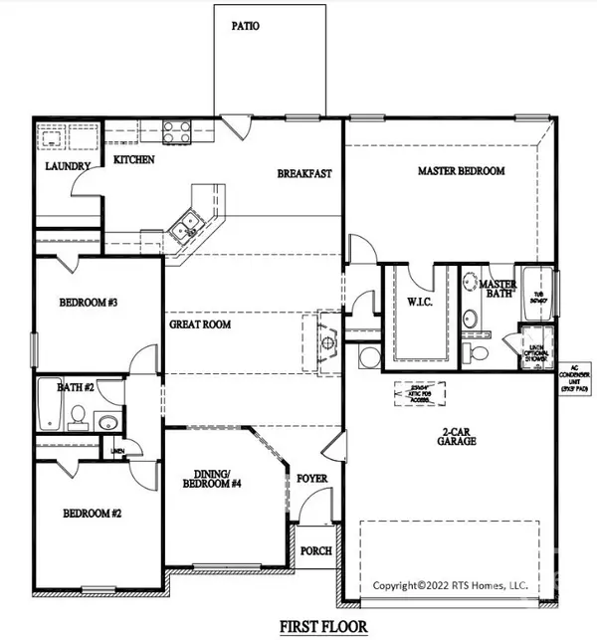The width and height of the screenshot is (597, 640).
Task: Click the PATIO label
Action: tap(246, 26)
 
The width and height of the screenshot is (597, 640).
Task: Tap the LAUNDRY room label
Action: tap(69, 166)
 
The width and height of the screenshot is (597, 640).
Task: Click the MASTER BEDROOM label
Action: tap(460, 171)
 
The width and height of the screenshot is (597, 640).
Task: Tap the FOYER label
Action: tap(312, 479)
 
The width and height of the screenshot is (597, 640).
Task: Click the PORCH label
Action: tap(315, 550)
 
